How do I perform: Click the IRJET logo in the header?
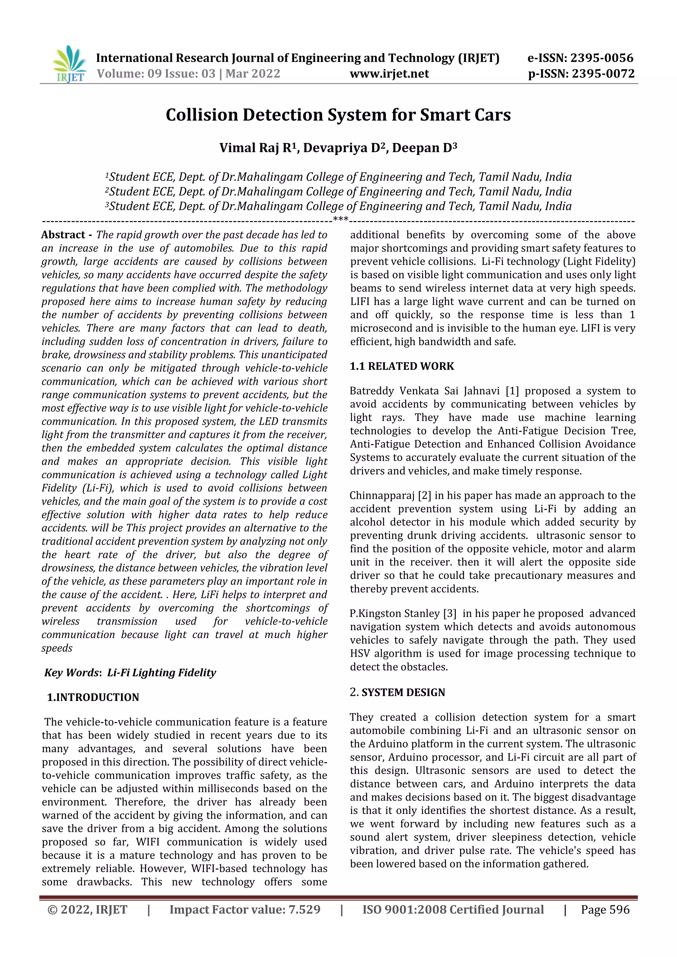(69, 64)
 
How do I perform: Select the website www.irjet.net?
(389, 74)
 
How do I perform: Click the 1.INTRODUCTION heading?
(93, 697)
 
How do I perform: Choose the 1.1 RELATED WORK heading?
(402, 366)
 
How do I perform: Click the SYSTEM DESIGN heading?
(403, 692)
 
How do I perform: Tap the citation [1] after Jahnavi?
(512, 391)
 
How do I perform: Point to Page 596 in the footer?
(605, 909)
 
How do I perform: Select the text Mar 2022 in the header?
(253, 74)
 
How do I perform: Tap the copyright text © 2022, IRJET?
(87, 909)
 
